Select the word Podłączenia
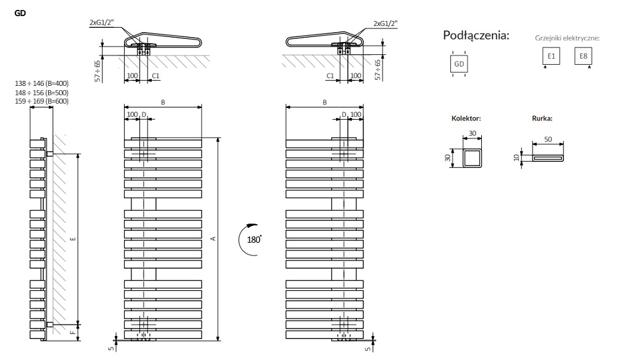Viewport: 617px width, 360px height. coord(476,35)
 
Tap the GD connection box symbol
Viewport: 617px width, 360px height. coord(458,64)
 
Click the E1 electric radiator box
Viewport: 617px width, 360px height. coord(552,57)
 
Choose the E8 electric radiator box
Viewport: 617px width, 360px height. coord(583,57)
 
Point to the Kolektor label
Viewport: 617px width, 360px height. coord(466,117)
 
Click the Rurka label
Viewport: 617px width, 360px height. coord(542,117)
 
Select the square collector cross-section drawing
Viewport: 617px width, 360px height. coord(472,157)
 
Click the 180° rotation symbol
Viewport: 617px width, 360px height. coord(252,238)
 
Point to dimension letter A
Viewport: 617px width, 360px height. coord(213,239)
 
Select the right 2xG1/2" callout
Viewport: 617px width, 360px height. coord(386,23)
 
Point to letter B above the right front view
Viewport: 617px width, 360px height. coord(325,102)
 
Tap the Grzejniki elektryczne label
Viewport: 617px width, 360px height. coord(568,38)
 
